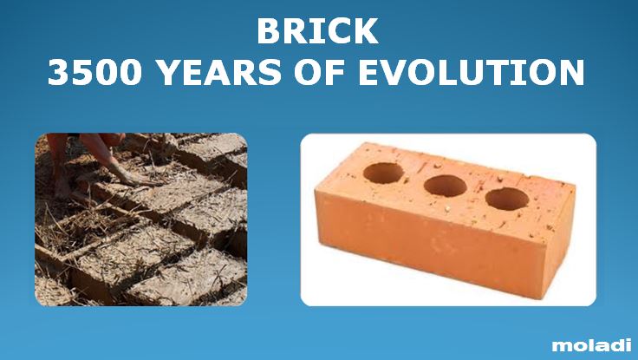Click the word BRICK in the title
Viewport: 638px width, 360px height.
pos(317,31)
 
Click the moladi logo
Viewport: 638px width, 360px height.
pos(591,345)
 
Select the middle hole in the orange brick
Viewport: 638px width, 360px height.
pos(444,185)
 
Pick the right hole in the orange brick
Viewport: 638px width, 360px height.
pos(506,198)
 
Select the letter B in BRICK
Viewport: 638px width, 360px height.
pos(269,31)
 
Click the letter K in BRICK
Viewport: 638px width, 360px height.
pos(366,31)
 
